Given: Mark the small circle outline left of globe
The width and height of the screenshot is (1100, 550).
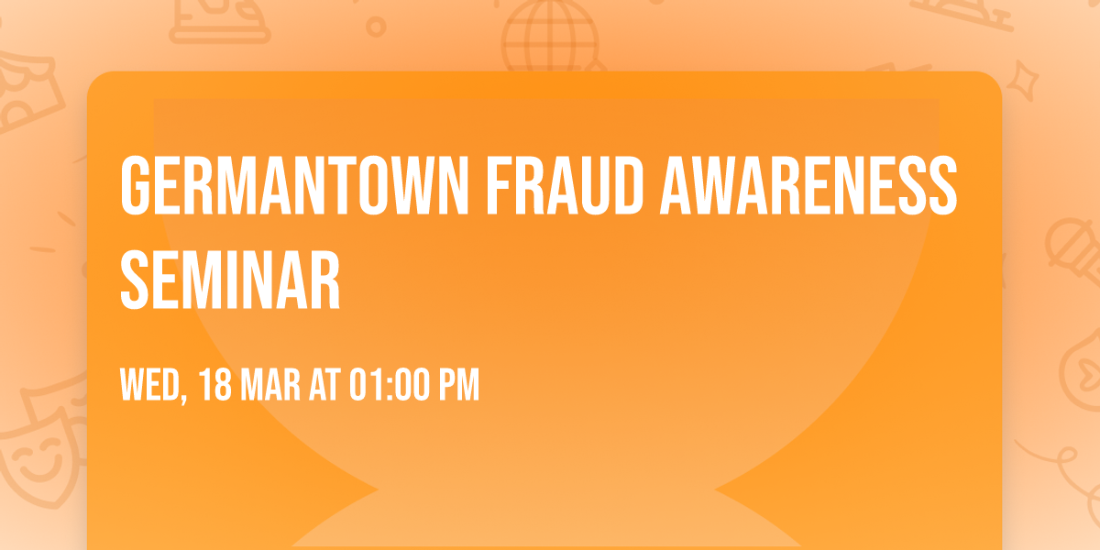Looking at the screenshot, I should click(376, 27).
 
